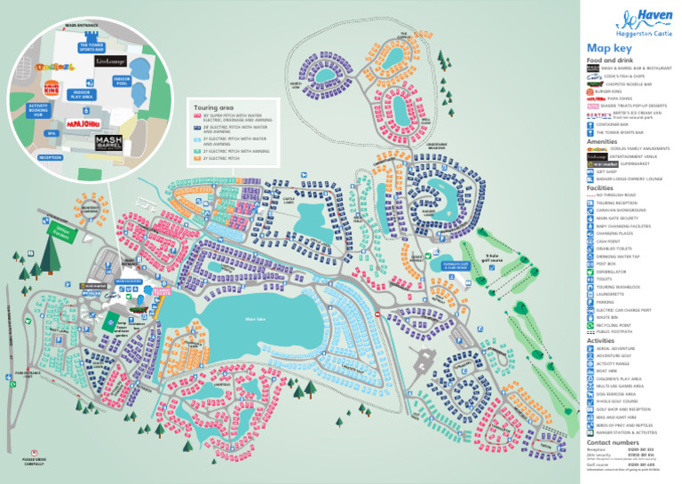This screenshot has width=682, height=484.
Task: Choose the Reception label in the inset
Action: pos(51,156)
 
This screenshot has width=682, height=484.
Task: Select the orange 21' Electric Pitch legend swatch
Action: pos(198,158)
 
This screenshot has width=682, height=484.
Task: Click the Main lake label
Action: pos(256,318)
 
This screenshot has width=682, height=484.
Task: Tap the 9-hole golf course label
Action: pos(466,255)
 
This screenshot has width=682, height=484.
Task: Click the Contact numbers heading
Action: pos(613,441)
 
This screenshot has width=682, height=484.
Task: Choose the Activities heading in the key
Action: pos(600,340)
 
